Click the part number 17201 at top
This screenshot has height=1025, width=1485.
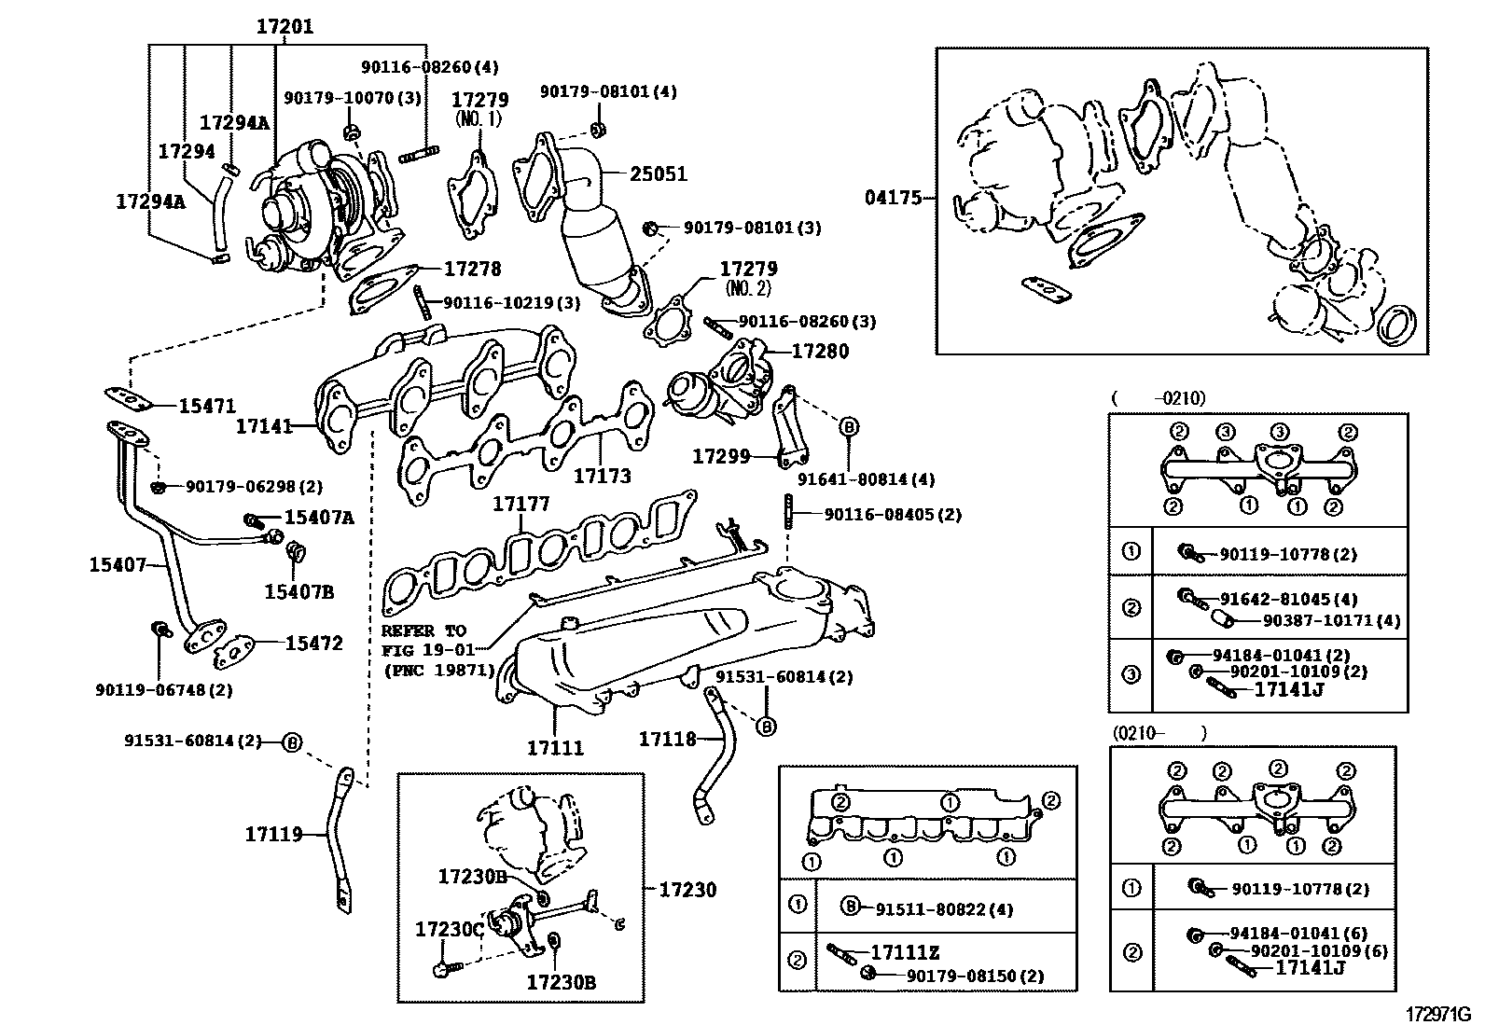pyautogui.click(x=285, y=27)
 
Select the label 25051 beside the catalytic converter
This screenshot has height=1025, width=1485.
pyautogui.click(x=658, y=173)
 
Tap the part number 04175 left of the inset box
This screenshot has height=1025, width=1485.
pyautogui.click(x=892, y=198)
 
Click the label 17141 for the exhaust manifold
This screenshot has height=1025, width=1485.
pyautogui.click(x=264, y=426)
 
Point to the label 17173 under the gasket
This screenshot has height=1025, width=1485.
pyautogui.click(x=602, y=476)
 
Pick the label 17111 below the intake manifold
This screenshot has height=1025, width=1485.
pyautogui.click(x=555, y=747)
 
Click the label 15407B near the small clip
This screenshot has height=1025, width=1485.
pyautogui.click(x=298, y=591)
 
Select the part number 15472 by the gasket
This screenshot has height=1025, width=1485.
pyautogui.click(x=313, y=644)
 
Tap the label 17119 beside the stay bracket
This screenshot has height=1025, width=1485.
pyautogui.click(x=274, y=834)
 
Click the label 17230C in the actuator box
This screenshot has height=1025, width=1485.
pyautogui.click(x=450, y=929)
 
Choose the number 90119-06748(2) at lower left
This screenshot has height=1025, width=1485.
pyautogui.click(x=164, y=690)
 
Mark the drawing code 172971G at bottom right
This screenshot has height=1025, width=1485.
pyautogui.click(x=1437, y=1012)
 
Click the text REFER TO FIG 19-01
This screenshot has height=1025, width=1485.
pyautogui.click(x=423, y=640)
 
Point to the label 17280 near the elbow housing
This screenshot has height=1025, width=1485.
pyautogui.click(x=820, y=352)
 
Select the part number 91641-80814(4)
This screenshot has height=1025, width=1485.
pyautogui.click(x=866, y=479)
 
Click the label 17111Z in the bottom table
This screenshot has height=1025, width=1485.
pyautogui.click(x=904, y=952)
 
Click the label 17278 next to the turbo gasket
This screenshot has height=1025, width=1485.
pyautogui.click(x=472, y=269)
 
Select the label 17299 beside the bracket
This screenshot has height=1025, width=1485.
pyautogui.click(x=721, y=456)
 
